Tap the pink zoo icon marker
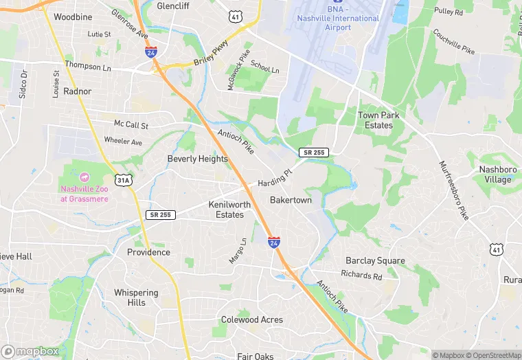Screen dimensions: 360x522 click(85, 177)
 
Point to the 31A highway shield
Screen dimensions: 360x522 click(123, 180)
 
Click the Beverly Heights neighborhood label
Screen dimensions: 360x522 click(197, 159)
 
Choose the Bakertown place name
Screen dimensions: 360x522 click(291, 201)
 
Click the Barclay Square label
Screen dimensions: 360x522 click(375, 261)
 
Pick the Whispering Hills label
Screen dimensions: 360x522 click(136, 297)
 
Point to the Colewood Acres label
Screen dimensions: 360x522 click(251, 320)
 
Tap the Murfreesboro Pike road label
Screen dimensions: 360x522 click(454, 190)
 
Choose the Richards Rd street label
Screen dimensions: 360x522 click(361, 275)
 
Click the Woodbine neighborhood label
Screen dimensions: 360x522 click(73, 16)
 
